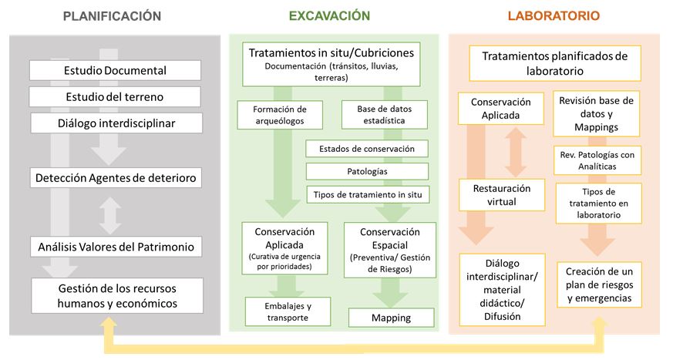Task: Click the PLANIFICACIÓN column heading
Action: (112, 16)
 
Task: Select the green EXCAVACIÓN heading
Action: (329, 16)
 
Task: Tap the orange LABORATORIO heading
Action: (554, 16)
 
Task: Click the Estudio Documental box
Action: (115, 70)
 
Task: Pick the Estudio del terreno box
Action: (115, 97)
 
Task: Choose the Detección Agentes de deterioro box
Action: (116, 177)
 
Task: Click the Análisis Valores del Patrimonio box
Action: (116, 247)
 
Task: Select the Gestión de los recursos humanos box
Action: (117, 296)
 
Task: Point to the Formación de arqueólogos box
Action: (280, 115)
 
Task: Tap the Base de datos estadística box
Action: (384, 115)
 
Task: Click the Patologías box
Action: (367, 171)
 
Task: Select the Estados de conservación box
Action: (366, 149)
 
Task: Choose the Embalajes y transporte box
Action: (288, 311)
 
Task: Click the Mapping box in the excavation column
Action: (391, 318)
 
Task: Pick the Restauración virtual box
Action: (502, 195)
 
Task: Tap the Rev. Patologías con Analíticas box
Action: (597, 160)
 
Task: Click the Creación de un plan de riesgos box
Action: (599, 284)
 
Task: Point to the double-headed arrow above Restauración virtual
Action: (516, 152)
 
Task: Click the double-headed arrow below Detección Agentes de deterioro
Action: (110, 215)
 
